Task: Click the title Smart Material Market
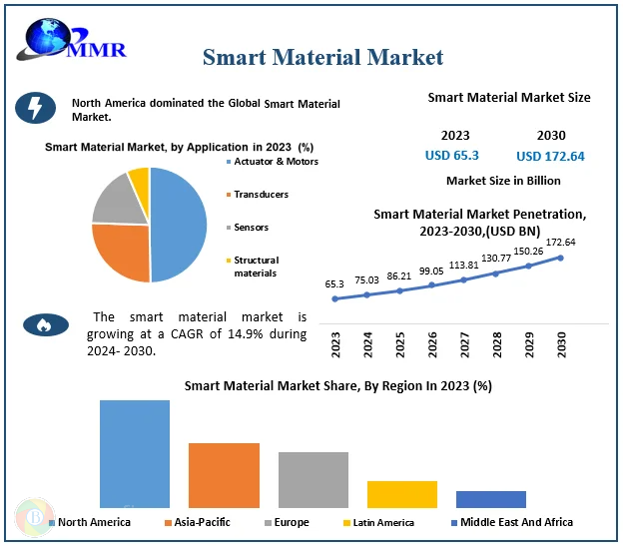(322, 57)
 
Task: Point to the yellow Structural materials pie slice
(139, 181)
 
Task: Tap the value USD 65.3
(452, 155)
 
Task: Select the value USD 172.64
(550, 156)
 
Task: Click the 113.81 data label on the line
(463, 266)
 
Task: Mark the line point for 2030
(560, 258)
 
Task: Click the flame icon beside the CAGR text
(46, 323)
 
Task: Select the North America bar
(135, 453)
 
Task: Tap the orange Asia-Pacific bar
(224, 475)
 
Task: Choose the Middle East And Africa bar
(490, 499)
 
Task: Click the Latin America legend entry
(383, 522)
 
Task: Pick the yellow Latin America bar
(401, 494)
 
